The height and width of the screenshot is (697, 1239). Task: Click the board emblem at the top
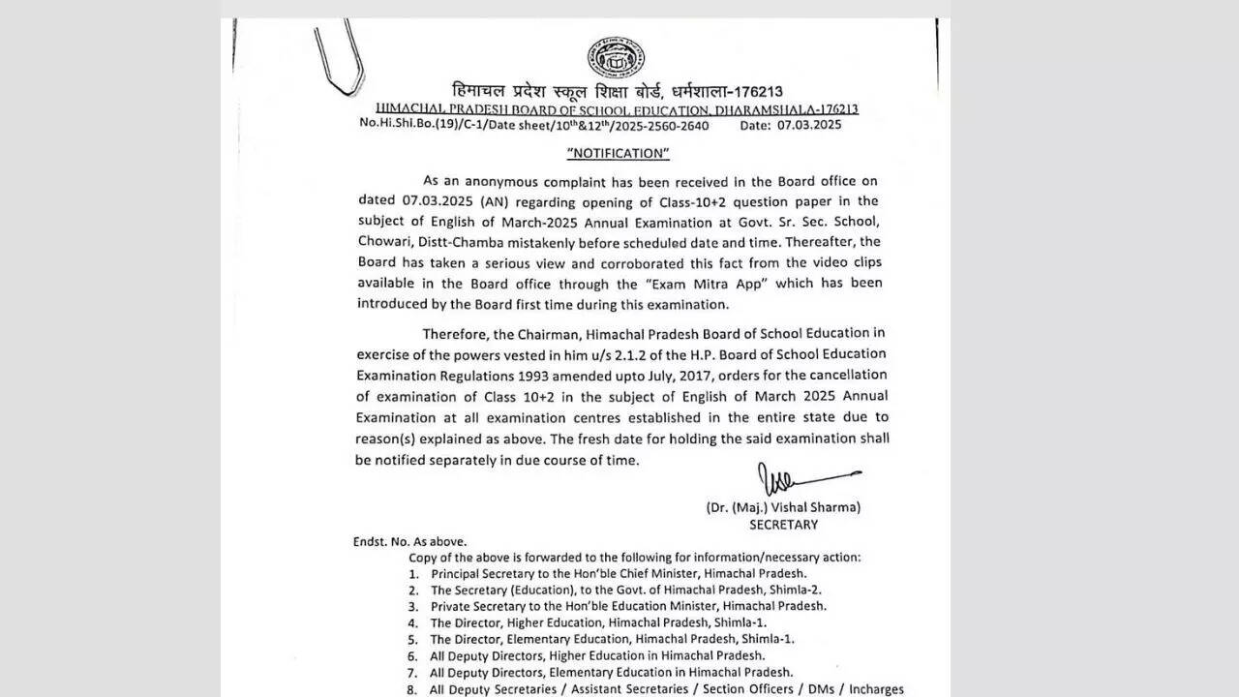617,58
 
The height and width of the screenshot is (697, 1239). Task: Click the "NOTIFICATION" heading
618,153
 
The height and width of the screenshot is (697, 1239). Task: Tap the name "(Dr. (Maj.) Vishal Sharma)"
783,506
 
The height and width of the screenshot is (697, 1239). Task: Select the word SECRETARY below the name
783,525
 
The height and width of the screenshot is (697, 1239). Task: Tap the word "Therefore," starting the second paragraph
454,334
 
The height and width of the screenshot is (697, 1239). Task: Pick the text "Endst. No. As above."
409,542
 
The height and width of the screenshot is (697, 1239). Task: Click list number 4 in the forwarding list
413,622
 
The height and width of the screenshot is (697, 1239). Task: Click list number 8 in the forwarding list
412,689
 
